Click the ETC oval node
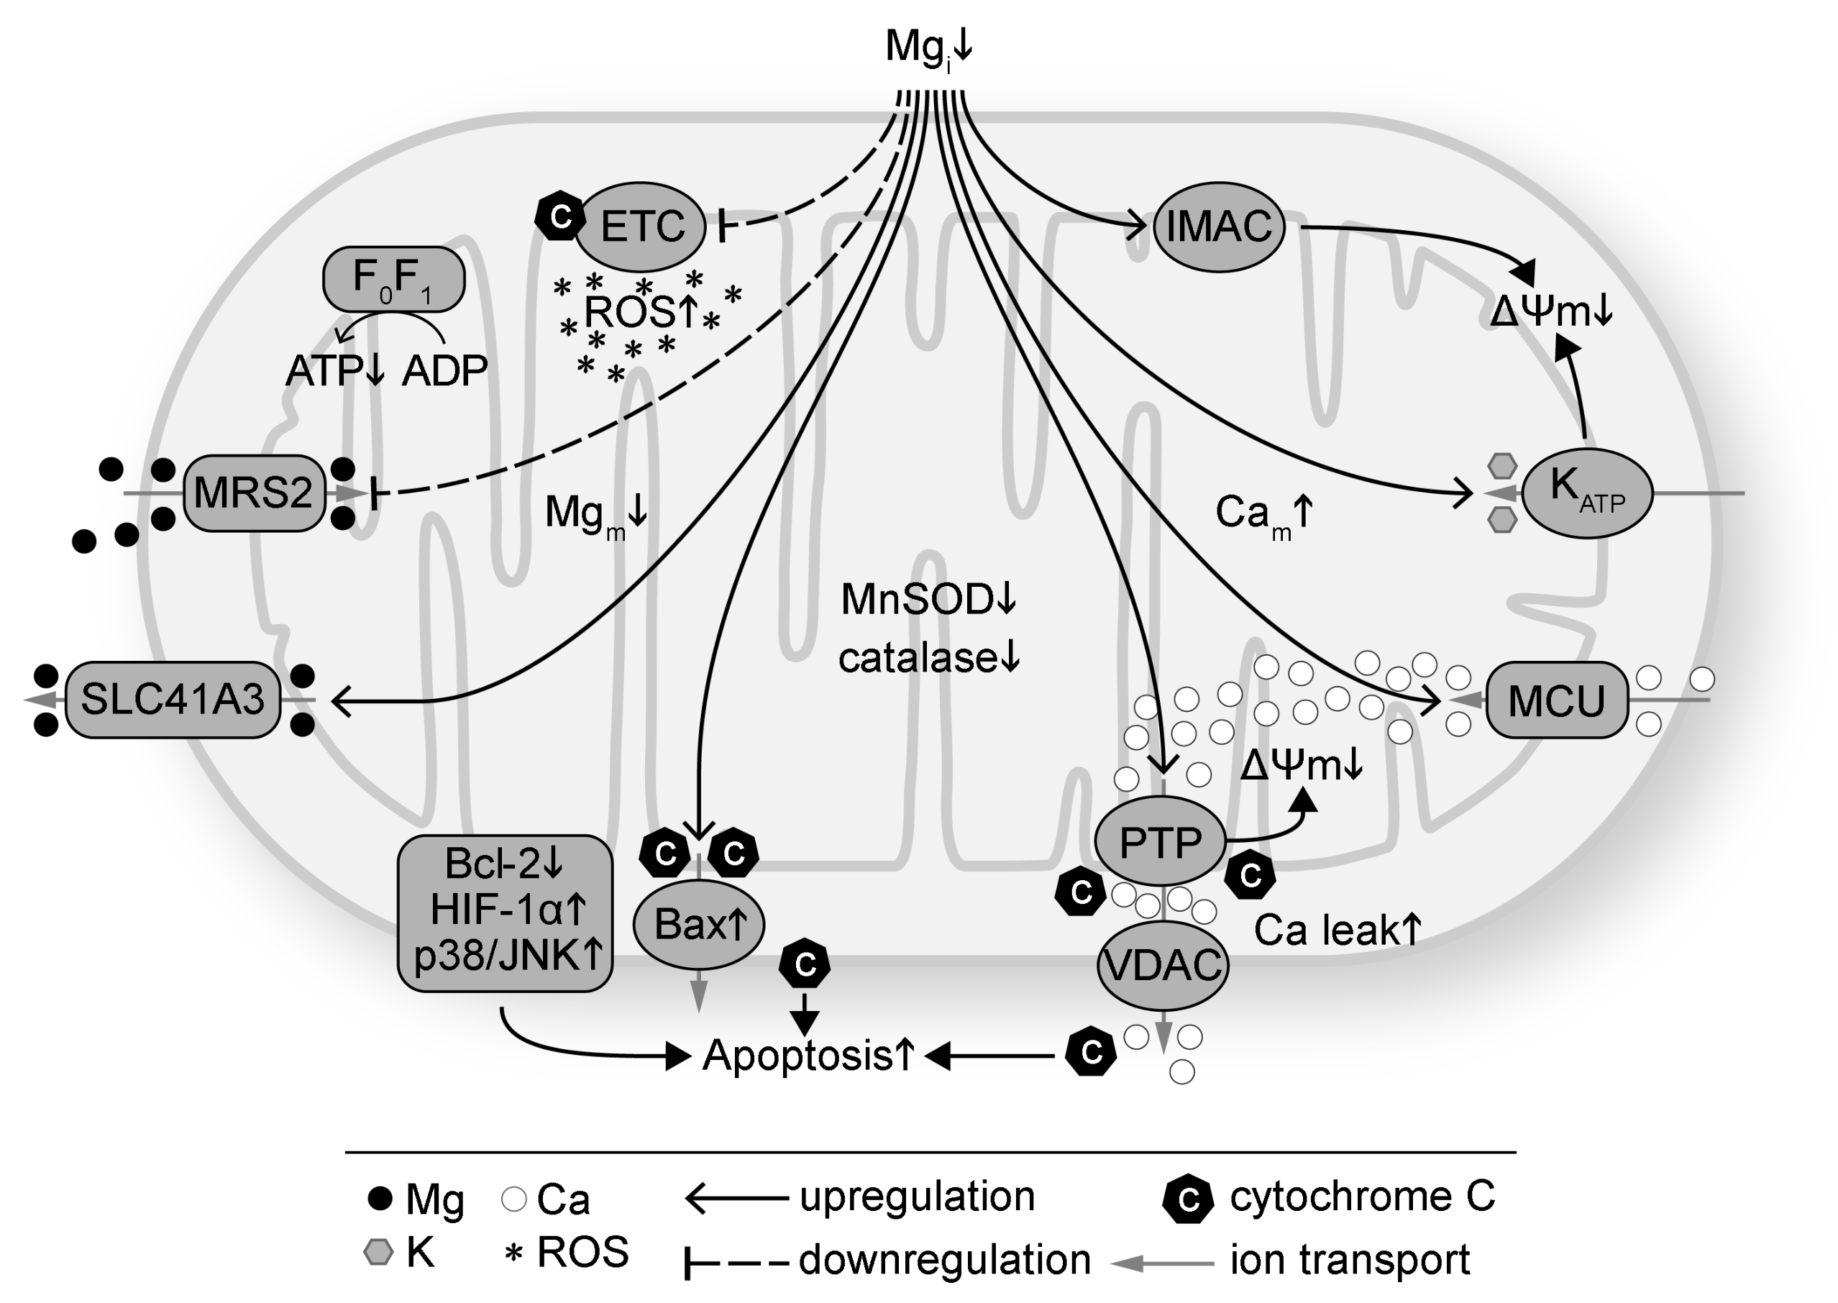coord(641,227)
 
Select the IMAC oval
coord(1219,227)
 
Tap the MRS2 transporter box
coord(255,493)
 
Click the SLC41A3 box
coord(173,700)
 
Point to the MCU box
coord(1556,700)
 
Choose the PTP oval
coord(1160,841)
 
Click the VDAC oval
coord(1163,965)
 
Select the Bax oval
coord(699,924)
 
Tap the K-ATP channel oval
coord(1587,493)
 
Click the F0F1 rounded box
coord(394,279)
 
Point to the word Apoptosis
coord(797,1056)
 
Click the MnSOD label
coord(917,599)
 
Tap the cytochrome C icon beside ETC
coord(560,216)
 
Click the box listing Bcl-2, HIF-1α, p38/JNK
coord(506,913)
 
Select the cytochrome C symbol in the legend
coord(1188,1199)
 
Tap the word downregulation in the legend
coord(945,1260)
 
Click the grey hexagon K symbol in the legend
coord(379,1252)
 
